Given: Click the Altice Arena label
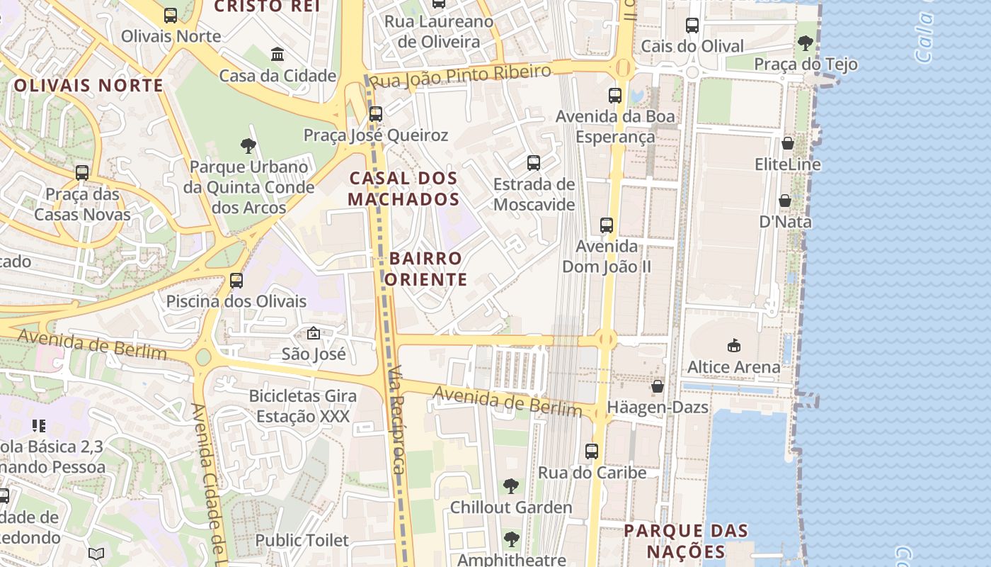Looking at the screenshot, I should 734,367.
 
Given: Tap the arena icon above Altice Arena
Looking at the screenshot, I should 734,346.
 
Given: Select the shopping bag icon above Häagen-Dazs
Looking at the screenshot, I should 658,386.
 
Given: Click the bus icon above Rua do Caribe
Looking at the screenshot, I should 592,451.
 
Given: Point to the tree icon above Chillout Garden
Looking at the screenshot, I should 511,486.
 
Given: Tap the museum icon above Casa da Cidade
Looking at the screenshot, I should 277,54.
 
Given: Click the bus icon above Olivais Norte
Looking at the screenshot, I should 171,15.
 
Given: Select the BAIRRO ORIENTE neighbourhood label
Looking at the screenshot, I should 426,269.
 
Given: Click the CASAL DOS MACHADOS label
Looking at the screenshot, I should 403,189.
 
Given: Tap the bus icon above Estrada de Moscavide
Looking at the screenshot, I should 534,163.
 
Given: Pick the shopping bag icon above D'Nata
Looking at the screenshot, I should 785,201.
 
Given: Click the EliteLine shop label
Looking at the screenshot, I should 787,164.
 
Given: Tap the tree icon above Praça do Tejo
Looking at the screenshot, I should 805,43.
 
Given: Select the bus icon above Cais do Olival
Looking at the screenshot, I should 692,26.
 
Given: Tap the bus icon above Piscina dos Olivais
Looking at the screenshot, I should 236,281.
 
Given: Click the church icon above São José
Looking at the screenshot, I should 314,333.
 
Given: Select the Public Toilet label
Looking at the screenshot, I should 302,540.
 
